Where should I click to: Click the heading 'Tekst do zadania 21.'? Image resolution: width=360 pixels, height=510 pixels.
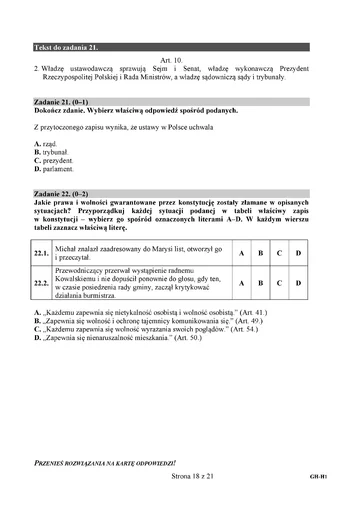[x=65, y=47]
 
